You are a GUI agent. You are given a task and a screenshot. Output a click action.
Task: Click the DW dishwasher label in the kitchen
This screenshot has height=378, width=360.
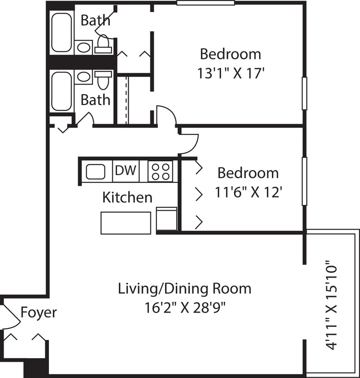125,171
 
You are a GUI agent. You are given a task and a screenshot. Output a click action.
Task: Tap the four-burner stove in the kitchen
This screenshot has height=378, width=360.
160,171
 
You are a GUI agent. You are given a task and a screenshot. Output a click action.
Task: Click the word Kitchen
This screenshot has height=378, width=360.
127,198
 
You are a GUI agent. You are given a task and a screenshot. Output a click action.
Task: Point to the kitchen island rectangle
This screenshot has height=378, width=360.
126,223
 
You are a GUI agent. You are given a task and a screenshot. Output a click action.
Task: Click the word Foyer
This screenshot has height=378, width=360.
39,312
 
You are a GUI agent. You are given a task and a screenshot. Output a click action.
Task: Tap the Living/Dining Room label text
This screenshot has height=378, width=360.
184,289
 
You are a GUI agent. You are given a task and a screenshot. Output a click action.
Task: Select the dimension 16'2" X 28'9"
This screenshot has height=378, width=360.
184,309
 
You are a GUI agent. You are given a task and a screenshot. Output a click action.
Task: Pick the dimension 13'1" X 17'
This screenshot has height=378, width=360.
230,73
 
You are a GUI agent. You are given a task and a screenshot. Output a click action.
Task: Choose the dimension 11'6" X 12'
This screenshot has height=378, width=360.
248,193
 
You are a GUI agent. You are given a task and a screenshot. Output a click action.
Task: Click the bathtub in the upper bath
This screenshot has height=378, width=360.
61,33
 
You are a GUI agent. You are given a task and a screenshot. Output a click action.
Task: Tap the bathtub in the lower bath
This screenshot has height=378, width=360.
61,91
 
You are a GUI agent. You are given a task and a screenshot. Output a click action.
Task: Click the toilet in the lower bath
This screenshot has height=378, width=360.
104,79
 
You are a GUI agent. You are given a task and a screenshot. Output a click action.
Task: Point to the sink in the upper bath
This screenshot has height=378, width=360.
83,47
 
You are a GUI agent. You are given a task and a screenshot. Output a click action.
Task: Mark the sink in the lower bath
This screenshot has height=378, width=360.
83,77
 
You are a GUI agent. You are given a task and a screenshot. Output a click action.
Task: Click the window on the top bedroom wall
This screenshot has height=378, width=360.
205,3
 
